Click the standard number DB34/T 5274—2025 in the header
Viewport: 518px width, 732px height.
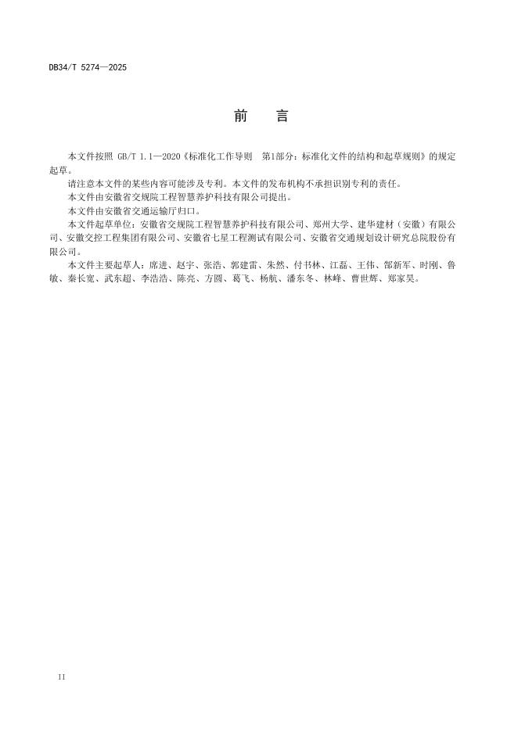87,67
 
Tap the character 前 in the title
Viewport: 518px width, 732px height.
240,117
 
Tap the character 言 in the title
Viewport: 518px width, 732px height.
282,117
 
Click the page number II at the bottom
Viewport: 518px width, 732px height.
62,676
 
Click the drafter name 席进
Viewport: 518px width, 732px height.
167,265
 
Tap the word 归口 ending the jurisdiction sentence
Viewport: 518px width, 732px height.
191,211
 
